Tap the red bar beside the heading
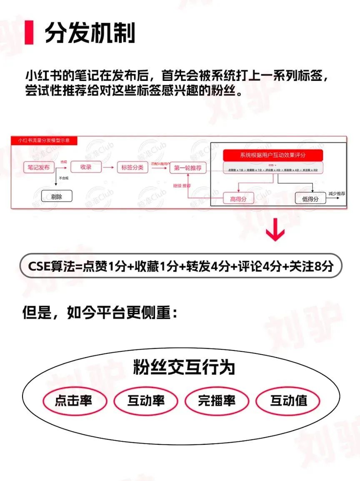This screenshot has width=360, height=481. (29, 33)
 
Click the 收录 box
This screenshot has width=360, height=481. (86, 167)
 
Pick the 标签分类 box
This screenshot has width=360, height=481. (132, 168)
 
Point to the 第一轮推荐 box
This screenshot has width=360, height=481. (188, 168)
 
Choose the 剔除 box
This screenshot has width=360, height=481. (57, 196)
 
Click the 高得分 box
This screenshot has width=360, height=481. (238, 199)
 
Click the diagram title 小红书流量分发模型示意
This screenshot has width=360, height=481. (44, 140)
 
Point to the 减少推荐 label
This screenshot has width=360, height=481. (337, 194)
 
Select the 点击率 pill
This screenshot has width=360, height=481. (73, 401)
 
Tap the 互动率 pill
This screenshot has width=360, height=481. (145, 401)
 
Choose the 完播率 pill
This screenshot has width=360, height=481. (216, 401)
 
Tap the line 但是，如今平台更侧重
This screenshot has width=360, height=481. (100, 313)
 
